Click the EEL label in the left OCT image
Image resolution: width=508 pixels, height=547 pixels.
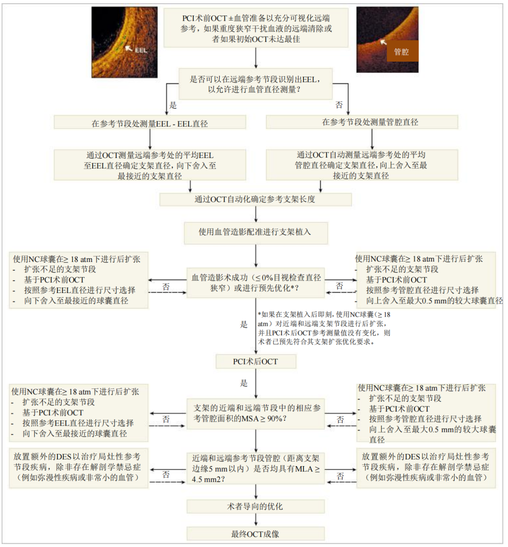pos(141,50)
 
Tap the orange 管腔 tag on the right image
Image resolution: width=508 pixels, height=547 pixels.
pos(401,52)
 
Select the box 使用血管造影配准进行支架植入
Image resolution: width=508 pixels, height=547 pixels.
pos(255,232)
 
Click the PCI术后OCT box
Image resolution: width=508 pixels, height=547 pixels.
pos(255,361)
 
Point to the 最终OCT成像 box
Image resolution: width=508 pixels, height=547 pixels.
pos(255,534)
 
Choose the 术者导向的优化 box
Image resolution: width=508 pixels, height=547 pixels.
pos(255,507)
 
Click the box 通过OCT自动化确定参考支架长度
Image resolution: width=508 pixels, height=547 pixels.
pos(255,199)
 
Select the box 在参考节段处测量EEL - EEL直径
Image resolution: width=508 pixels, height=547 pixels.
pos(150,123)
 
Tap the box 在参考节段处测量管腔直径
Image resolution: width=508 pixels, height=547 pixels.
pos(361,122)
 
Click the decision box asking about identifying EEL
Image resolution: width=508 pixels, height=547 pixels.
pos(255,84)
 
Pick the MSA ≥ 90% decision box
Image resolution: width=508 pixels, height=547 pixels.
pos(255,413)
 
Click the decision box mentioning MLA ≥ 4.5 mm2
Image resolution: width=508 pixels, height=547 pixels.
pos(255,468)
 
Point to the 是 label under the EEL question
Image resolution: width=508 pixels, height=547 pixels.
pos(173,105)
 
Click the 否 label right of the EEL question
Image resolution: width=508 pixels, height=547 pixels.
pos(339,105)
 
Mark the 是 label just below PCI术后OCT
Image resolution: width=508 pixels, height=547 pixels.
pos(244,383)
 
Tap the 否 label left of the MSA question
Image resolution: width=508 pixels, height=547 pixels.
pos(166,419)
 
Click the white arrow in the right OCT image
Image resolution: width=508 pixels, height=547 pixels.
pos(384,41)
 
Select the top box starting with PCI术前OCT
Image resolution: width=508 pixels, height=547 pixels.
pos(255,28)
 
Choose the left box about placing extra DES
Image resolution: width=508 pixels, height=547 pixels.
pos(78,467)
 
